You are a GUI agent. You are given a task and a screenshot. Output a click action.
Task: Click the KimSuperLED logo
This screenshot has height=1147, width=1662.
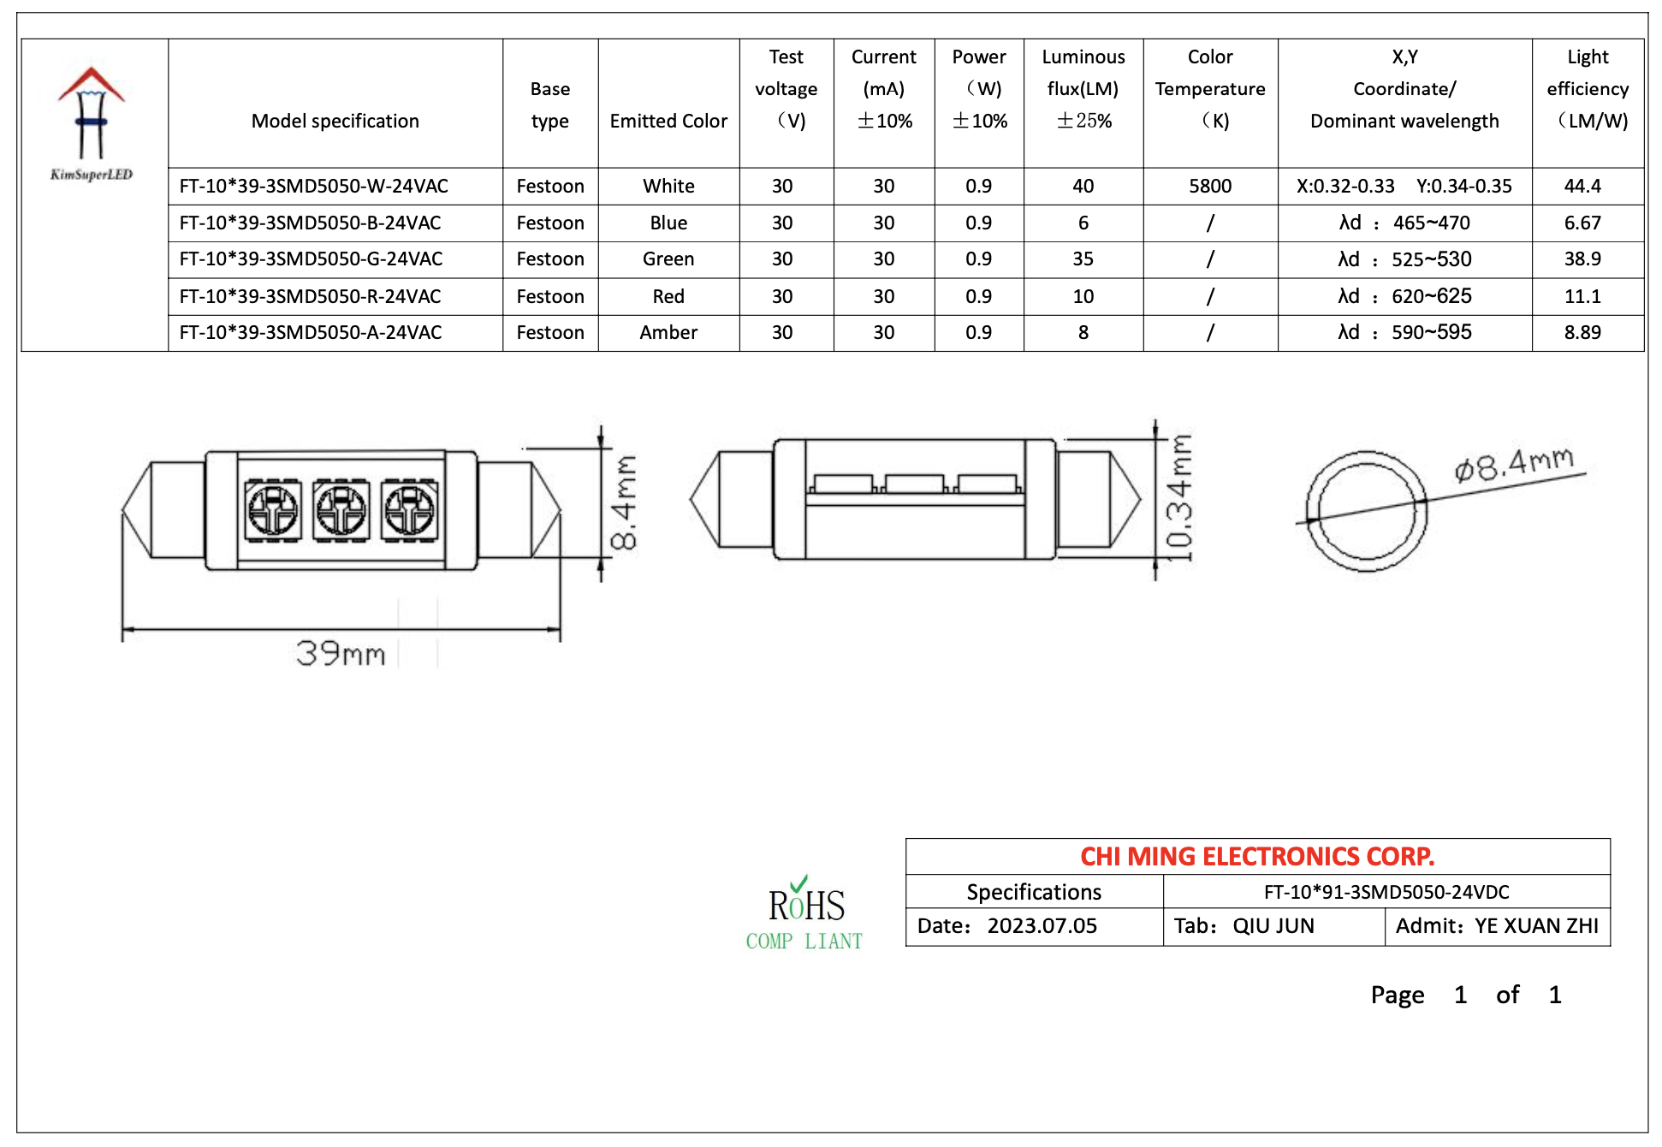click(92, 123)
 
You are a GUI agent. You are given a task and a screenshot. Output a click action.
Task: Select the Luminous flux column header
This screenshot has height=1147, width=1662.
click(1083, 89)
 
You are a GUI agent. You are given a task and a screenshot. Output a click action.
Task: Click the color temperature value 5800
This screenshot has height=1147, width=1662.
click(1209, 186)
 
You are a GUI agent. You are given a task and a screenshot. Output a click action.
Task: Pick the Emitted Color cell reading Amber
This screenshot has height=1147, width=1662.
click(668, 332)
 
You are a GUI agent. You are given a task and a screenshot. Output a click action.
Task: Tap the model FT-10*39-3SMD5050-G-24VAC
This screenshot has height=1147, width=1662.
click(311, 259)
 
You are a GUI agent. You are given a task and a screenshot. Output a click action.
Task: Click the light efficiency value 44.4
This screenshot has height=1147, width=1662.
click(1582, 186)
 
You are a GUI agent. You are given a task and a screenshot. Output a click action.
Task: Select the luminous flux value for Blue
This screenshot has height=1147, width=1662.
click(1083, 223)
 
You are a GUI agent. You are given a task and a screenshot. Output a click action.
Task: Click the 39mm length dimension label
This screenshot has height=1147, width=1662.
click(340, 654)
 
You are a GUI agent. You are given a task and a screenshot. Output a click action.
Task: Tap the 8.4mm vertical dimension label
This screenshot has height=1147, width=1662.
click(624, 502)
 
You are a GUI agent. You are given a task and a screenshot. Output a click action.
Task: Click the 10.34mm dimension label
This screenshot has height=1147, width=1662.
click(1178, 498)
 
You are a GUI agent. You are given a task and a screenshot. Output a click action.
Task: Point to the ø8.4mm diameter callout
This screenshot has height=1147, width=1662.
click(1513, 465)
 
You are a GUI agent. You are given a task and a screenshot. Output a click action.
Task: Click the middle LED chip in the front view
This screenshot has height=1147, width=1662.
click(341, 510)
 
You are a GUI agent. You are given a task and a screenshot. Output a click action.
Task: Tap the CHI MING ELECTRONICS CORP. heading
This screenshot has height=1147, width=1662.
click(1256, 856)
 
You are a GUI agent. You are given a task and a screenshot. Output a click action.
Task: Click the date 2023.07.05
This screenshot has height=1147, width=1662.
click(1042, 926)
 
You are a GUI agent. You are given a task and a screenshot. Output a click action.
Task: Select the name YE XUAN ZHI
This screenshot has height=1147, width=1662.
click(1535, 926)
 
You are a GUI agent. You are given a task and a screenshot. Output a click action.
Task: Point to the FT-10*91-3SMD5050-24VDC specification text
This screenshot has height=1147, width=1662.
click(1386, 892)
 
